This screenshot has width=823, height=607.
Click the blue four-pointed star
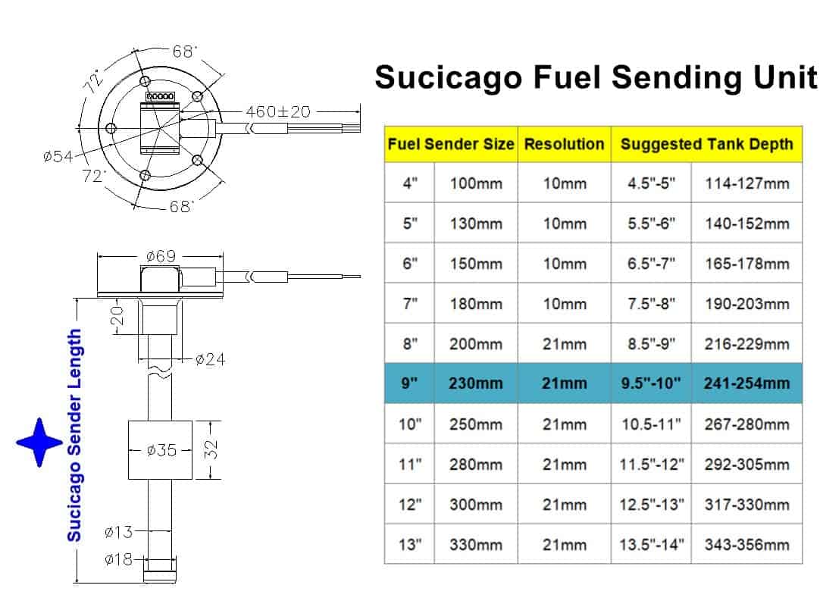click(39, 443)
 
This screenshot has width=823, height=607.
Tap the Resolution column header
click(565, 144)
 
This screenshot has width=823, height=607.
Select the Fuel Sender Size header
click(451, 144)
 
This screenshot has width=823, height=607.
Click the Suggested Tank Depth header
click(706, 144)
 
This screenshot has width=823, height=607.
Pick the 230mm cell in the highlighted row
click(475, 383)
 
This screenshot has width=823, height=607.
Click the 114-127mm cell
click(747, 183)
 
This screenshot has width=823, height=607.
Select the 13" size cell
click(410, 545)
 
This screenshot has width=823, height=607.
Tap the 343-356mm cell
click(747, 545)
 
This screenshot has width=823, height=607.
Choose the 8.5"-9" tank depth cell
click(652, 344)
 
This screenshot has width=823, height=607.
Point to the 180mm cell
click(475, 304)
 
